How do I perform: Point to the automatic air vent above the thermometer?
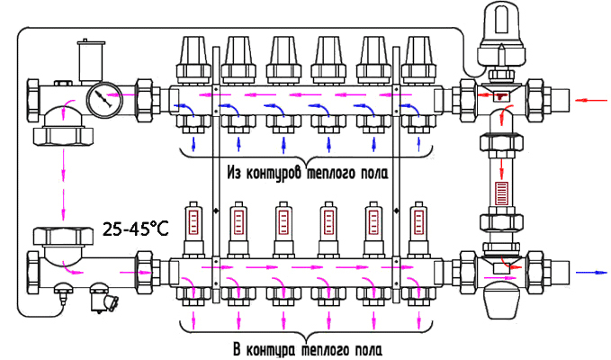87,60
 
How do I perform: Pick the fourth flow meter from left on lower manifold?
328,229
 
